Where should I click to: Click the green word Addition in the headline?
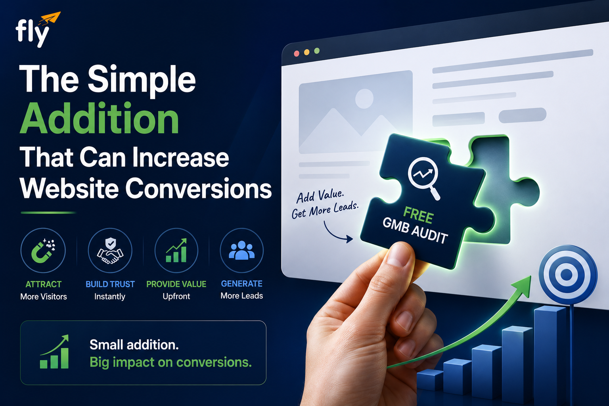(x=100, y=118)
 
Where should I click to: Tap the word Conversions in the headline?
(x=199, y=188)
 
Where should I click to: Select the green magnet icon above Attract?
(x=43, y=251)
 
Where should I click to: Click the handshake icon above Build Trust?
(x=110, y=251)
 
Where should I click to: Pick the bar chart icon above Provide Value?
(x=176, y=251)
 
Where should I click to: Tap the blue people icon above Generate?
(x=242, y=250)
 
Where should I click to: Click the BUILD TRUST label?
(x=110, y=284)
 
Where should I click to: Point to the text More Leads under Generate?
(x=242, y=296)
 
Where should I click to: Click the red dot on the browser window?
(x=297, y=54)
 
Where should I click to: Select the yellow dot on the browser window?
(x=306, y=52)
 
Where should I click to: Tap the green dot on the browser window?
(x=317, y=51)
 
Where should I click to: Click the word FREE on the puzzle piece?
(x=418, y=215)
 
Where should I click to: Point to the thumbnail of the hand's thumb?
(x=398, y=255)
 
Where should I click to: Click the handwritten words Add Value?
(x=320, y=196)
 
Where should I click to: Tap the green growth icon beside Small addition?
(x=54, y=352)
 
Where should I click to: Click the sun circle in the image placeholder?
(x=364, y=98)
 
